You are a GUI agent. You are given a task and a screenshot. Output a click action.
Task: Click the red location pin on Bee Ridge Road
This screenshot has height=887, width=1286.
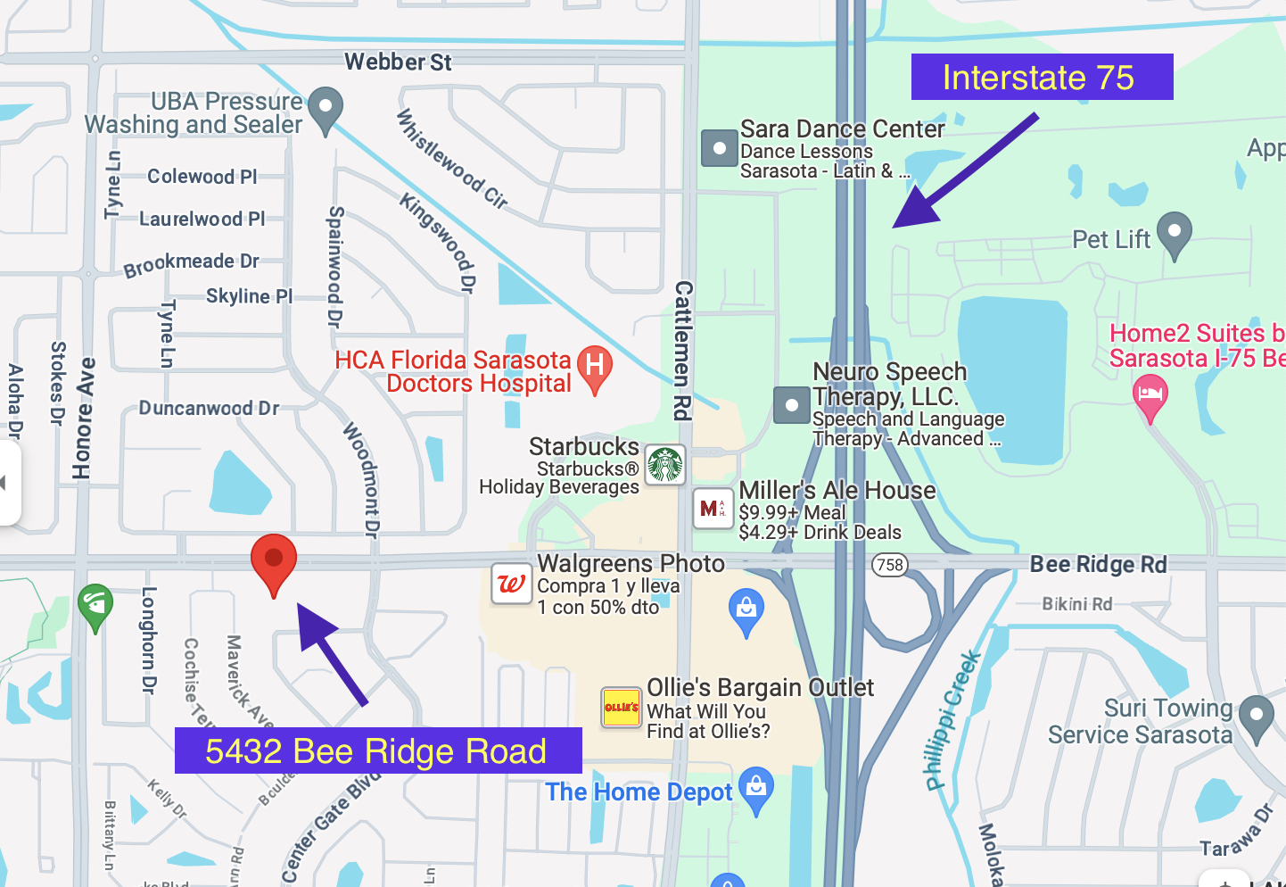(274, 561)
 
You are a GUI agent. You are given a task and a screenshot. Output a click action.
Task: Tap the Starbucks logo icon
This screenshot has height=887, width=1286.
(665, 465)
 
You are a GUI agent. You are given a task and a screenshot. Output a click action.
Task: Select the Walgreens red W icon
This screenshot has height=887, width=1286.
(512, 584)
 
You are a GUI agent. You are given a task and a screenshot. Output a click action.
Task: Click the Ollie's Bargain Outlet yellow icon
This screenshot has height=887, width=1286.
(622, 708)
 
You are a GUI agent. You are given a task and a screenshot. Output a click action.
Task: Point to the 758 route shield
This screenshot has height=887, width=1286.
(890, 564)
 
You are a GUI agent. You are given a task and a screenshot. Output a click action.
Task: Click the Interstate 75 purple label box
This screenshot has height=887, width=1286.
(1042, 77)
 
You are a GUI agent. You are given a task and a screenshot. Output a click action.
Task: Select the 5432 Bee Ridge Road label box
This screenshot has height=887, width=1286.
(378, 750)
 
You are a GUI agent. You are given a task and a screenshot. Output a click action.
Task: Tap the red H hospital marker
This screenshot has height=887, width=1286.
(595, 367)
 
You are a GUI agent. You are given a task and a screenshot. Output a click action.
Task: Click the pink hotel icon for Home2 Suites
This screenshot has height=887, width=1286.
(1150, 394)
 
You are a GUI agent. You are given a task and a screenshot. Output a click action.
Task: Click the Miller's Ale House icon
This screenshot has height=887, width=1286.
(713, 510)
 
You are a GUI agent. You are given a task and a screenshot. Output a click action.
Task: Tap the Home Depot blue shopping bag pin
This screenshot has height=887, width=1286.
(756, 788)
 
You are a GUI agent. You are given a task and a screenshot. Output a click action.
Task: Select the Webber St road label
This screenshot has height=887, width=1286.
(398, 62)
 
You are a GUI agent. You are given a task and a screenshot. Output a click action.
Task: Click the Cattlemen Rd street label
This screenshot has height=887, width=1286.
(683, 351)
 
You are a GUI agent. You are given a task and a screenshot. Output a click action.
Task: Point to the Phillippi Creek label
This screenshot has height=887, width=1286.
(952, 721)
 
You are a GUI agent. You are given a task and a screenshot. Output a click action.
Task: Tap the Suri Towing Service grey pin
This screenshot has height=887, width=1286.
(1257, 716)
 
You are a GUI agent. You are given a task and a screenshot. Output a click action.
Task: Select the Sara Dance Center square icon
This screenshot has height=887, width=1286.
(719, 148)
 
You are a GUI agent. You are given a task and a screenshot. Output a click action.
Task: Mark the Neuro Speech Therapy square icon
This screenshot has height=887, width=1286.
(791, 405)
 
